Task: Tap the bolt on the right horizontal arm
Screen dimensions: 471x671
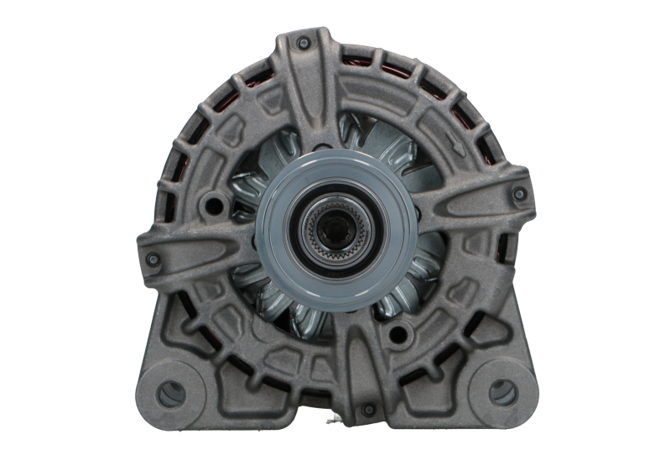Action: tap(520, 194)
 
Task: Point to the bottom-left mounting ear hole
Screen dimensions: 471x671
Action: tap(171, 389)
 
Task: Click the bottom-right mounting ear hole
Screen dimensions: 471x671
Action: tap(501, 389)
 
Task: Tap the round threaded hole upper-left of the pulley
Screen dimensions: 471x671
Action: tap(216, 203)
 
